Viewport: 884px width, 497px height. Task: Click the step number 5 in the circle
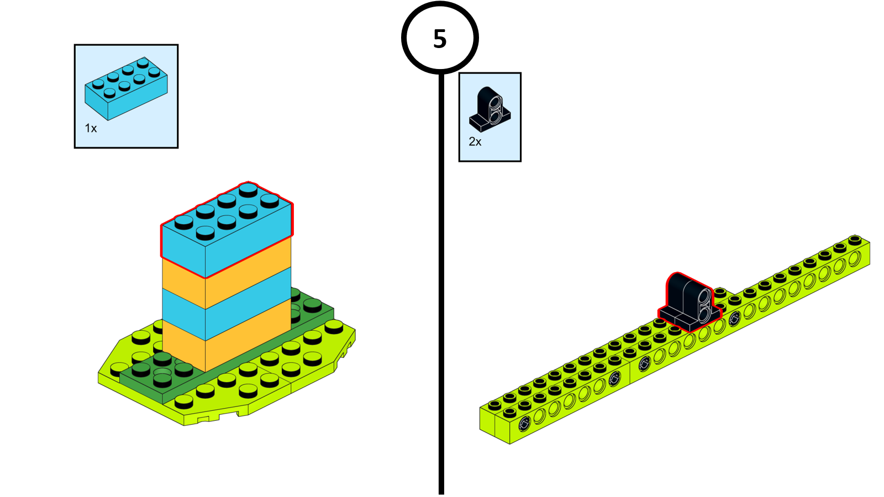coord(440,39)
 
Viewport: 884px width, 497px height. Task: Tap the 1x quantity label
coord(91,128)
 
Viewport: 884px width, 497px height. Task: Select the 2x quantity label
coord(475,141)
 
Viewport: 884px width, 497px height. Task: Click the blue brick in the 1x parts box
coord(126,88)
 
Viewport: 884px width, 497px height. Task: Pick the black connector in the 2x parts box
coord(490,109)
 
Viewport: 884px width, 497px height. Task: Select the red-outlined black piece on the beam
coord(690,302)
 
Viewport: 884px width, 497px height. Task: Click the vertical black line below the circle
coord(441,284)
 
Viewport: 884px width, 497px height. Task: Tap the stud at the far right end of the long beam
coord(855,240)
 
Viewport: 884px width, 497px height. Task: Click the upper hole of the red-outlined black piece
coord(704,297)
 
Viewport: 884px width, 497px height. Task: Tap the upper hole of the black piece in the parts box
coord(496,103)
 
